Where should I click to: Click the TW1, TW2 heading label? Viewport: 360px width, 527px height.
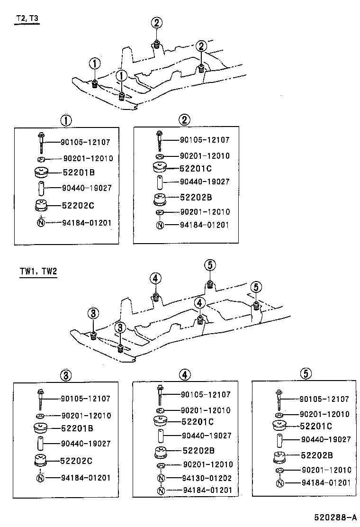(x=38, y=272)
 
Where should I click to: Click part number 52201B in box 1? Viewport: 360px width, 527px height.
(x=78, y=173)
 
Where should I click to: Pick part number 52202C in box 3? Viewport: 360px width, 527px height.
(x=77, y=460)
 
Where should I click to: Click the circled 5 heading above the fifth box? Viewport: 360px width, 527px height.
(x=306, y=374)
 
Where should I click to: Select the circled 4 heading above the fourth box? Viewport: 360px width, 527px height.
(x=185, y=374)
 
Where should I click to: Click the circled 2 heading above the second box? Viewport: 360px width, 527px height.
(x=185, y=120)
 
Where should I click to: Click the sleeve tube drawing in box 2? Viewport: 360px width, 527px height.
(x=160, y=182)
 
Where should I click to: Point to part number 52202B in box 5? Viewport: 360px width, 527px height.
(x=316, y=455)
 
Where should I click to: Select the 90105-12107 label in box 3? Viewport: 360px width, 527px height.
(x=86, y=399)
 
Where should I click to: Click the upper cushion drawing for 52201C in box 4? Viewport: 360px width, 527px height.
(x=162, y=421)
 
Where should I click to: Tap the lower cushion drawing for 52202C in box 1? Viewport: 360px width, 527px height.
(x=41, y=205)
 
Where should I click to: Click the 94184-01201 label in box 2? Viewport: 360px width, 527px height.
(x=204, y=225)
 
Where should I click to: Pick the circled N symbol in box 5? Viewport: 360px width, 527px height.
(x=280, y=483)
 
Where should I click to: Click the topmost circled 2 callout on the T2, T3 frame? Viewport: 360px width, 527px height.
(x=157, y=22)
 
